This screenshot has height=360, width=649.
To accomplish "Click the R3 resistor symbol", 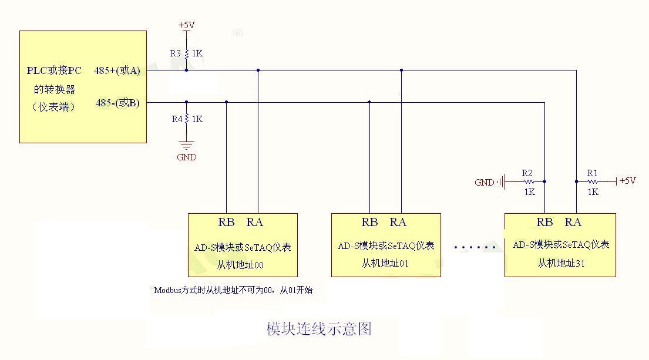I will (x=186, y=53).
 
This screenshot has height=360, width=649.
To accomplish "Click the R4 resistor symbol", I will (x=186, y=119).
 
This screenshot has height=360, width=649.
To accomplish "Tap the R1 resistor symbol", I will (x=592, y=182).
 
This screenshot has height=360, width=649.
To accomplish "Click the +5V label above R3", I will (x=186, y=25).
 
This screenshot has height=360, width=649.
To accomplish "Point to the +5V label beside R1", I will (x=627, y=181).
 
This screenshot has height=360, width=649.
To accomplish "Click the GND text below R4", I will (x=187, y=157).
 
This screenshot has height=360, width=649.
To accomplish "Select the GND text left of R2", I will (x=485, y=183).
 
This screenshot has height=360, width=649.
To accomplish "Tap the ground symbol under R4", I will (x=186, y=144).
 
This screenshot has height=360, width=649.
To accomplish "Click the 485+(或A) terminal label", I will (x=117, y=71).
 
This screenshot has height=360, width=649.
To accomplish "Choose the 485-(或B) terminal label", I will (x=117, y=103).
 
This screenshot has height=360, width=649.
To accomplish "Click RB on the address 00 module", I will (x=226, y=222).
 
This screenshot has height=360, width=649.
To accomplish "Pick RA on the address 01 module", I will (x=398, y=222).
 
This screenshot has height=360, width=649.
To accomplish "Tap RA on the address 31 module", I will (x=573, y=222).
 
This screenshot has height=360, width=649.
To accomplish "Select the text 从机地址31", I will (x=561, y=263).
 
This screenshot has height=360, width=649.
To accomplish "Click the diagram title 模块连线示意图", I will (x=319, y=328).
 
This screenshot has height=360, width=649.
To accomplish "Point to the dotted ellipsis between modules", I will (x=475, y=248).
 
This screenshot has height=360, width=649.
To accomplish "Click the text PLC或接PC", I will (x=54, y=71).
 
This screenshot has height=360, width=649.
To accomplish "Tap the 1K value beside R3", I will (x=197, y=53).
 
